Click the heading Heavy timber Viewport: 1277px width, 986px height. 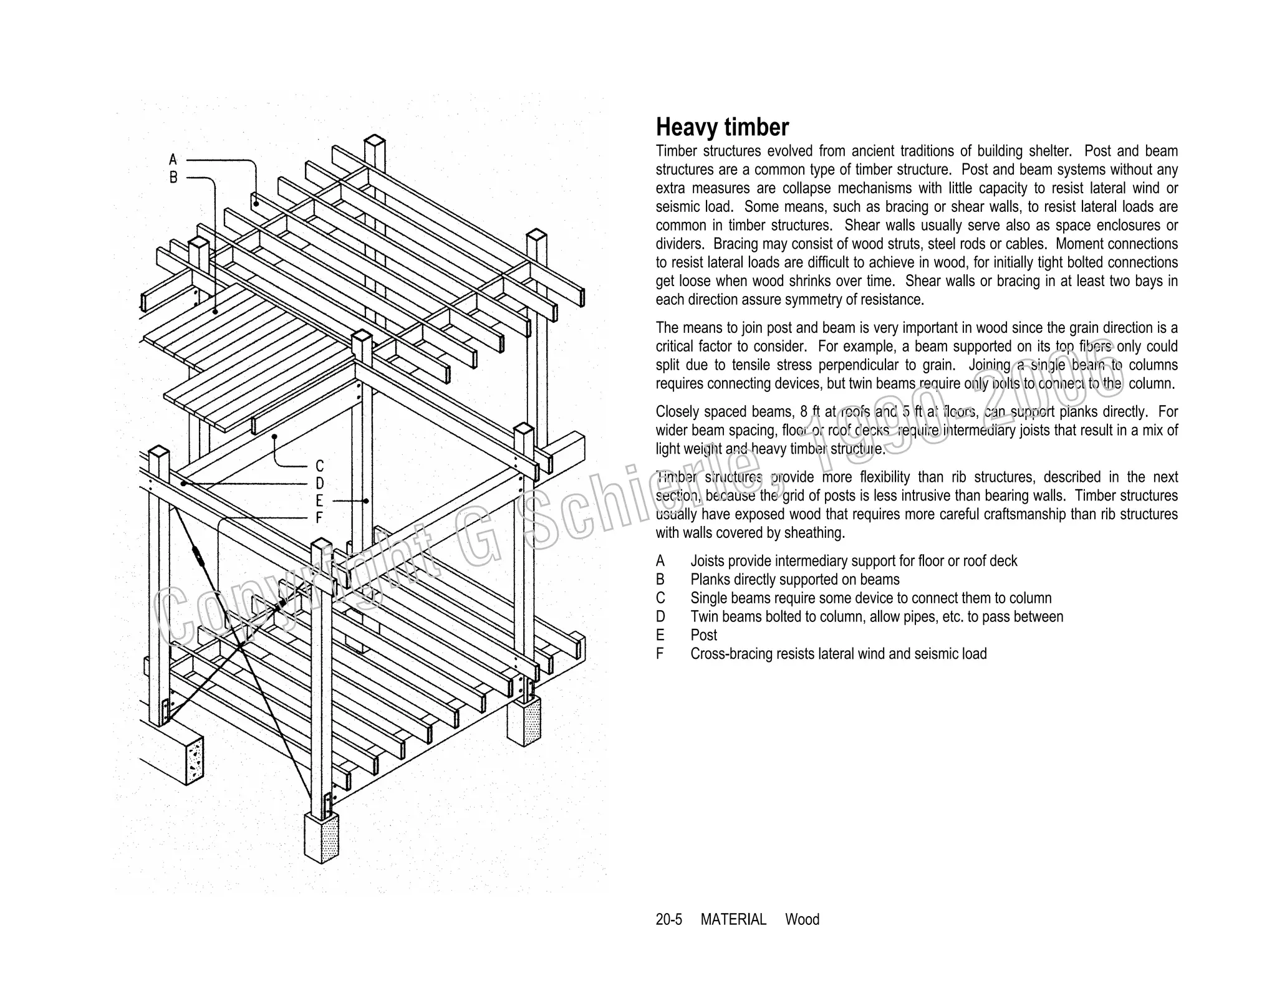pyautogui.click(x=722, y=127)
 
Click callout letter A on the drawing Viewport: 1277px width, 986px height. pyautogui.click(x=173, y=160)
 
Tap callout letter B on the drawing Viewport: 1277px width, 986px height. pyautogui.click(x=173, y=178)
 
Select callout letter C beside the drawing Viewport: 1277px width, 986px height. pyautogui.click(x=319, y=466)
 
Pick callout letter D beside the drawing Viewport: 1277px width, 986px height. pyautogui.click(x=319, y=484)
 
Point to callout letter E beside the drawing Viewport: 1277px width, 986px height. pyautogui.click(x=319, y=500)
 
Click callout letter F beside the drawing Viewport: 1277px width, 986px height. pyautogui.click(x=319, y=518)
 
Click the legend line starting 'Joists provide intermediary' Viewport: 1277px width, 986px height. pyautogui.click(x=853, y=561)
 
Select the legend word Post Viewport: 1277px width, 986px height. pyautogui.click(x=703, y=635)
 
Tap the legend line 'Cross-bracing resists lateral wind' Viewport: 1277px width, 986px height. pyautogui.click(x=838, y=654)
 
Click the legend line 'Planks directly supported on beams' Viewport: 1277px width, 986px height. pyautogui.click(x=794, y=580)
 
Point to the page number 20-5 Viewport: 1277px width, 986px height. pyautogui.click(x=668, y=919)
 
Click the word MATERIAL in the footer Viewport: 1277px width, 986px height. pyautogui.click(x=733, y=919)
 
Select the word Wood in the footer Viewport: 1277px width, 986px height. pyautogui.click(x=802, y=919)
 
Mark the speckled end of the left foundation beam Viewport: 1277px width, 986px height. pyautogui.click(x=194, y=760)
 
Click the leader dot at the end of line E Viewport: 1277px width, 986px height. pyautogui.click(x=366, y=501)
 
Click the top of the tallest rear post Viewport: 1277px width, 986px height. pyautogui.click(x=375, y=140)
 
